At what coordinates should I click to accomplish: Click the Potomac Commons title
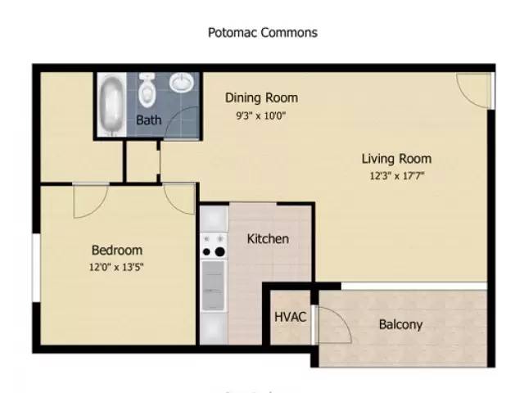[x=262, y=33]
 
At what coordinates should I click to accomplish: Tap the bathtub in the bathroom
[x=111, y=106]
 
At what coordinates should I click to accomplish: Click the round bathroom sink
[x=182, y=84]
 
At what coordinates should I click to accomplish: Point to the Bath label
[x=149, y=120]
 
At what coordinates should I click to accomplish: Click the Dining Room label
[x=261, y=98]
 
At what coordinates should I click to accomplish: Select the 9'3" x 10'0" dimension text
[x=261, y=115]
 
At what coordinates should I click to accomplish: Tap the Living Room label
[x=396, y=159]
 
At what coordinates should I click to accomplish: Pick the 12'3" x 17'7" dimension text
[x=396, y=175]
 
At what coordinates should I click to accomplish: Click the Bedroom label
[x=116, y=251]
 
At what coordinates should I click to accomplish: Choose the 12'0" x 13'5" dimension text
[x=116, y=267]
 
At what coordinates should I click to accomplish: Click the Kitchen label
[x=268, y=239]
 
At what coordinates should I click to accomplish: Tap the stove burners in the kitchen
[x=214, y=245]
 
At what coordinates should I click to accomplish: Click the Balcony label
[x=400, y=324]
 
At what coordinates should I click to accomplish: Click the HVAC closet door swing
[x=332, y=326]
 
